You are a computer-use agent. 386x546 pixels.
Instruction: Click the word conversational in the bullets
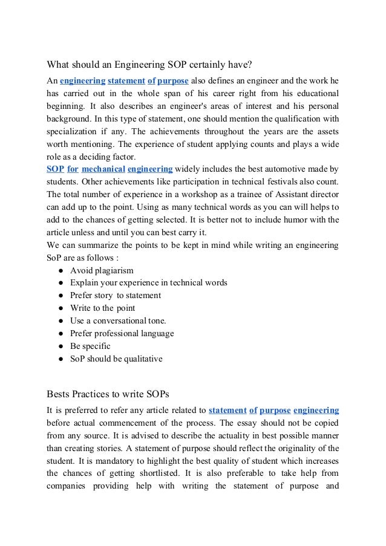point(120,320)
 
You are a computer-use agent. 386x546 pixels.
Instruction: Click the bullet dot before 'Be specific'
point(62,346)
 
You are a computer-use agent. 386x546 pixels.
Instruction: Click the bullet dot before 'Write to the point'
point(62,308)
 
